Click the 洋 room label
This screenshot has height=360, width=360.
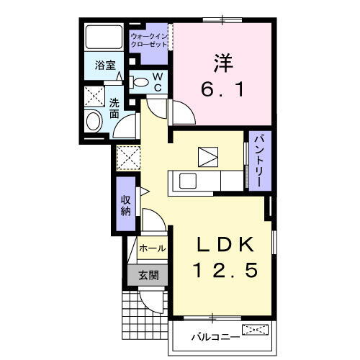click(222, 63)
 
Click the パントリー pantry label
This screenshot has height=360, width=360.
click(256, 161)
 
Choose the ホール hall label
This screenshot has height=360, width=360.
click(152, 248)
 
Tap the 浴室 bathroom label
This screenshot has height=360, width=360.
click(105, 65)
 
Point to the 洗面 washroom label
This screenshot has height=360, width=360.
click(114, 108)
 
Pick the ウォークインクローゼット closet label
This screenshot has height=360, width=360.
click(150, 40)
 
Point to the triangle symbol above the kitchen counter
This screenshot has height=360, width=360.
click(207, 156)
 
